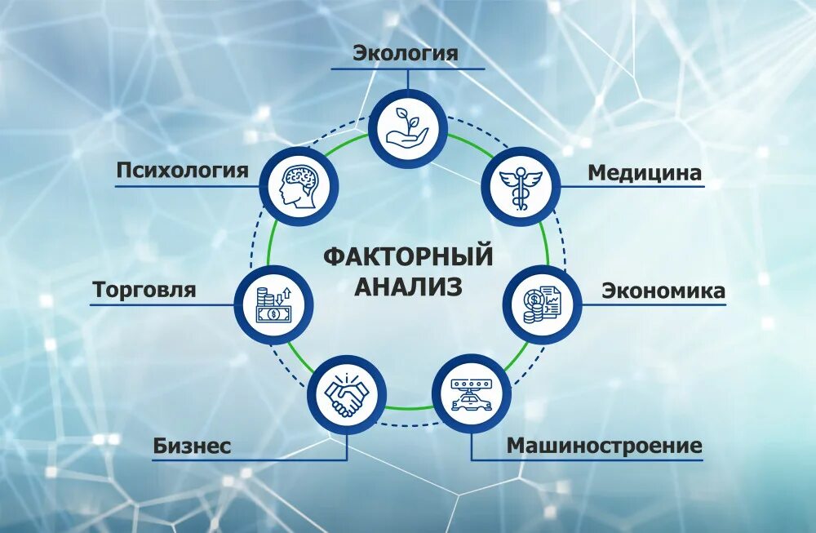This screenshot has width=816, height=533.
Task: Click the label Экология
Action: [x=406, y=54]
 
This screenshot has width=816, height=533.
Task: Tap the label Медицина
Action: [x=645, y=173]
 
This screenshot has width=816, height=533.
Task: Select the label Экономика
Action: [x=663, y=291]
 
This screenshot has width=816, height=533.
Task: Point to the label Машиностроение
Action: [x=604, y=446]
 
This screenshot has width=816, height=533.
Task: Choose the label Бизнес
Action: [x=193, y=446]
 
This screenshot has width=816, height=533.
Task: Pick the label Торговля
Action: [x=144, y=290]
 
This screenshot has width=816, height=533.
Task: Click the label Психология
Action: [x=182, y=171]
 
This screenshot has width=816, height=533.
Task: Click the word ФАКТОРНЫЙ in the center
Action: [x=408, y=255]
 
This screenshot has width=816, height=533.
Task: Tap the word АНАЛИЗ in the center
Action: [x=408, y=286]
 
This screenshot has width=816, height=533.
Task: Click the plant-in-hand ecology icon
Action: [x=408, y=128]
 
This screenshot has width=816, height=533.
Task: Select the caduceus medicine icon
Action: [x=521, y=187]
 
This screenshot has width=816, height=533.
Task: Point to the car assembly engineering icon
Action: [x=471, y=395]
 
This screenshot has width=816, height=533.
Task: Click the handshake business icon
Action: [x=347, y=396]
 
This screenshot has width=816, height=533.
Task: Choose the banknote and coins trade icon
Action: [x=273, y=304]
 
